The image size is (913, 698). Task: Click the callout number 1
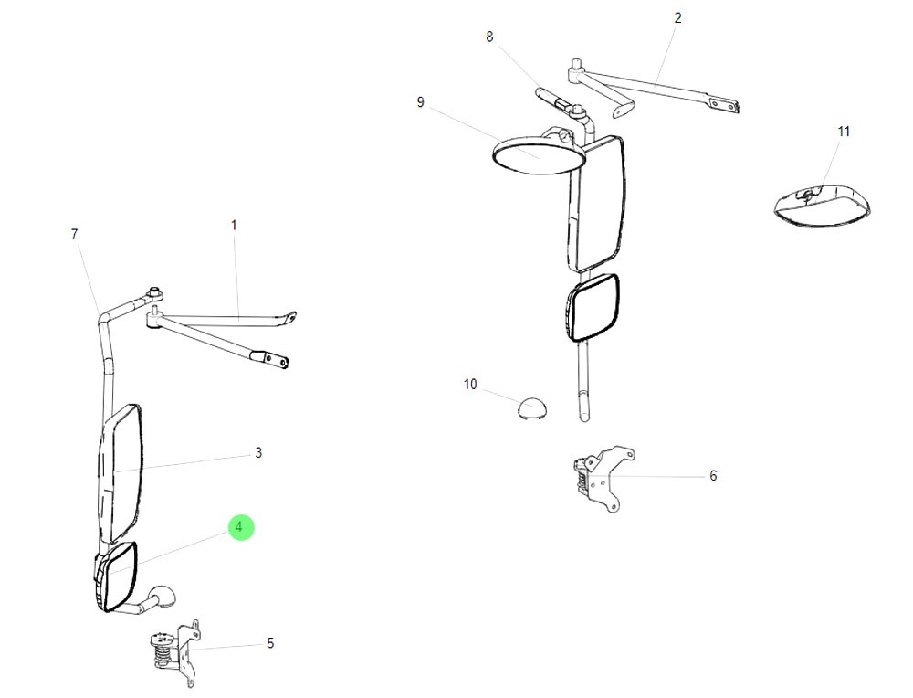[x=234, y=224]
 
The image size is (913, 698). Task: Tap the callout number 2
[x=677, y=17]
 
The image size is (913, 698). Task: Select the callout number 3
[x=258, y=452]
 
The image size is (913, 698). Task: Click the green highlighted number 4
[x=239, y=527]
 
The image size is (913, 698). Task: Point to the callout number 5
[x=270, y=643]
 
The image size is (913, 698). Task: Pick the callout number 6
[x=713, y=475]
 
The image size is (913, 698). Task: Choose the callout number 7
[x=75, y=234]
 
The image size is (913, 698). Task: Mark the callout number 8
[x=489, y=37]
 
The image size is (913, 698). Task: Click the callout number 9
[x=421, y=102]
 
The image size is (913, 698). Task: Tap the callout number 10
[x=470, y=385]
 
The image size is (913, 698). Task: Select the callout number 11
[x=844, y=132]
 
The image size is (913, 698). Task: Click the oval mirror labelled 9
[x=539, y=153]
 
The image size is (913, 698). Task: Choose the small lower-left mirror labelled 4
[x=116, y=576]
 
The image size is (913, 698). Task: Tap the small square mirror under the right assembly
[x=593, y=308]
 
